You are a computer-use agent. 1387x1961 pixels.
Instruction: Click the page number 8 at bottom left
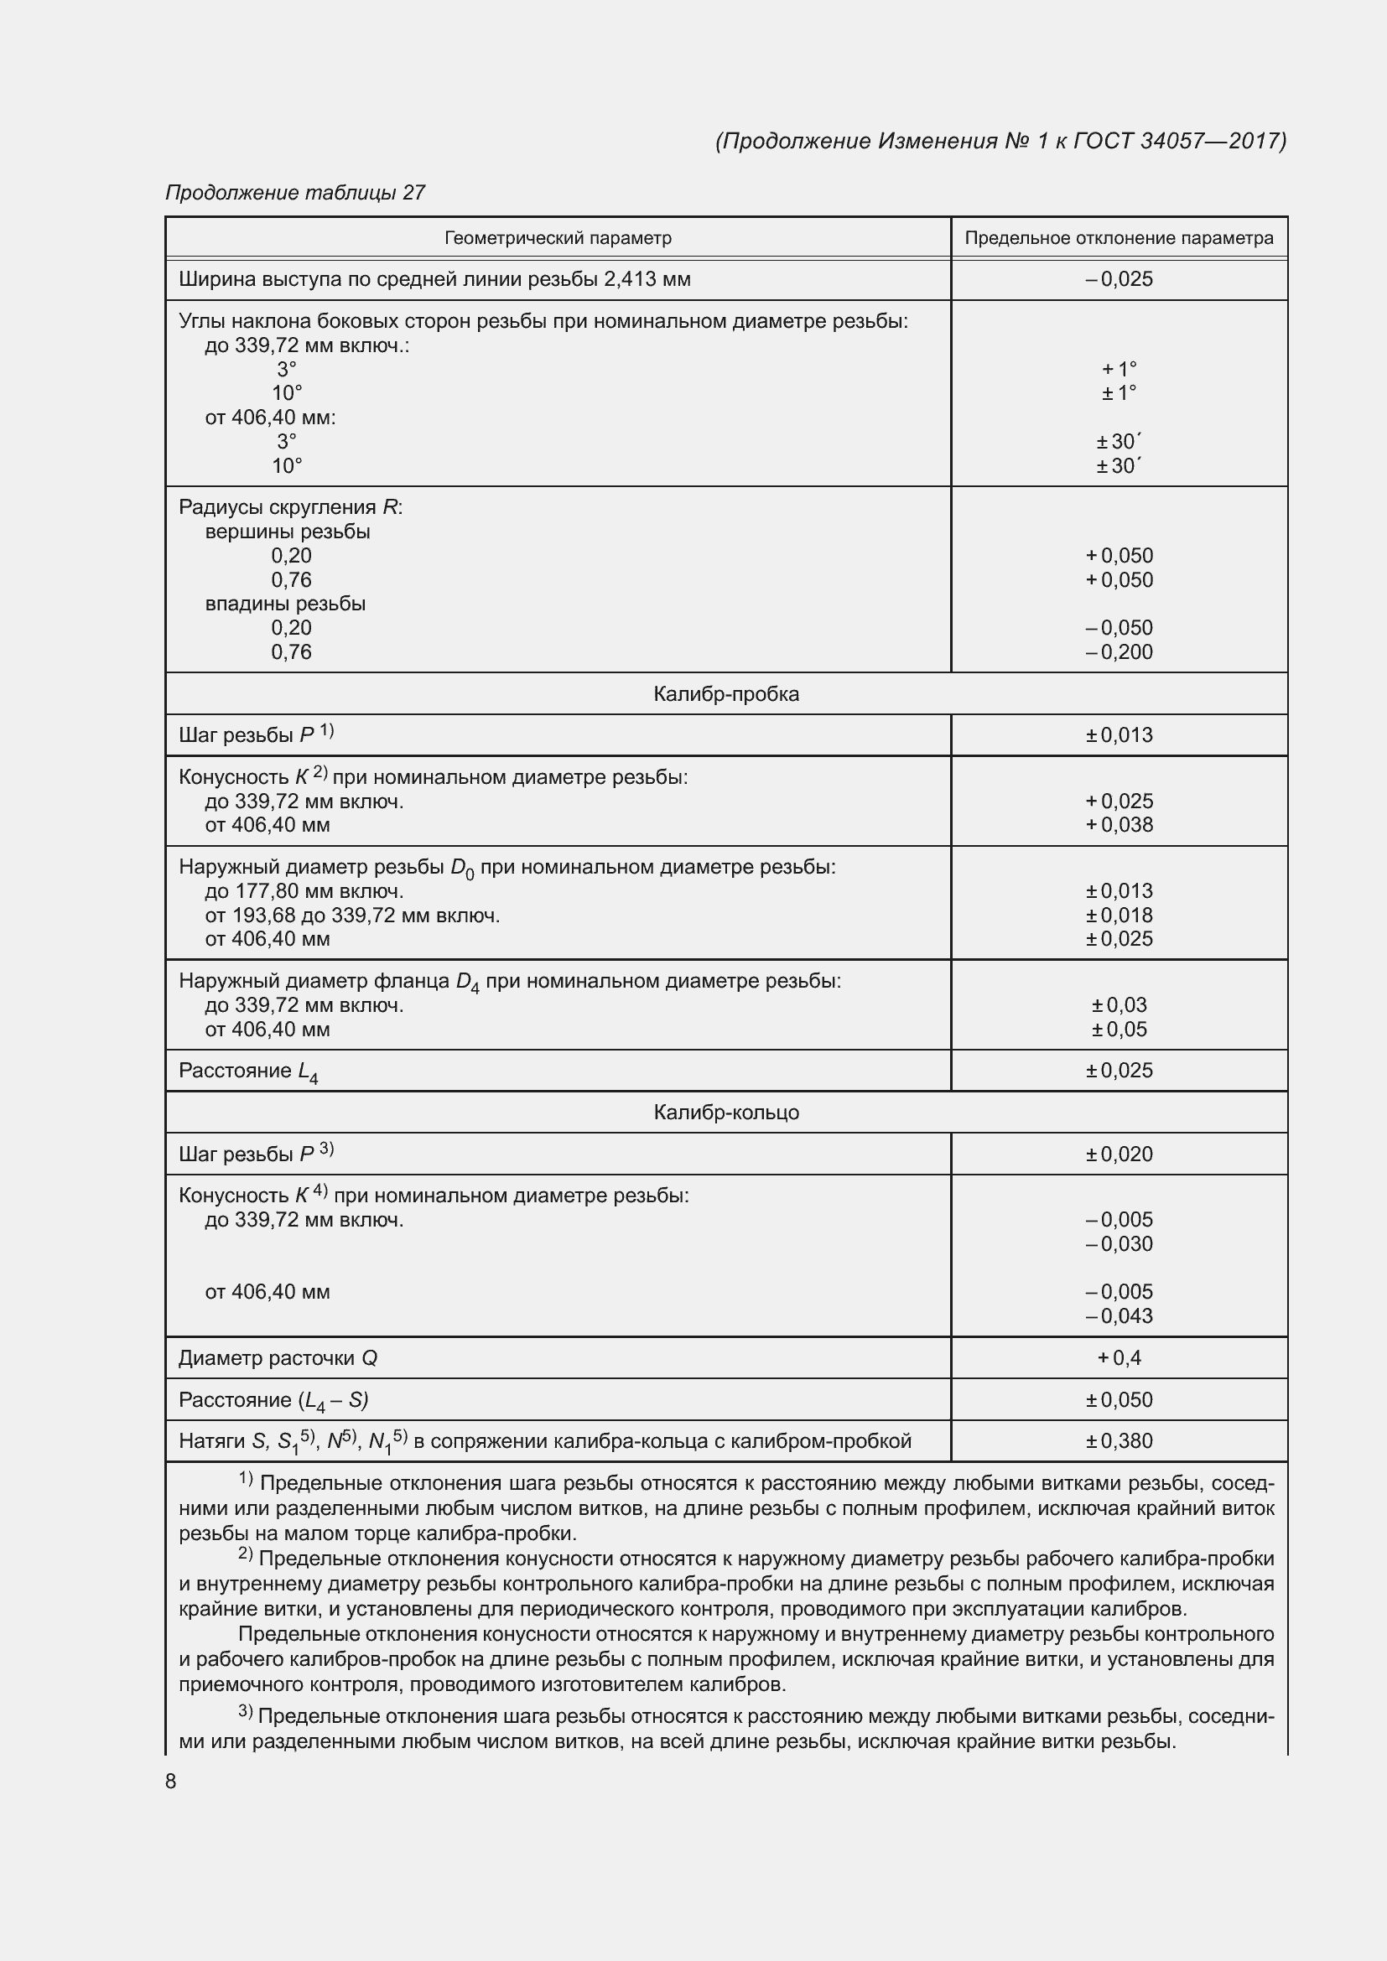click(171, 1781)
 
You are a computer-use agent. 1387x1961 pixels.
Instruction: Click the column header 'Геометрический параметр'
click(558, 238)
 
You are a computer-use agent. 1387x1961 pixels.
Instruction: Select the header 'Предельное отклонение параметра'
click(1119, 238)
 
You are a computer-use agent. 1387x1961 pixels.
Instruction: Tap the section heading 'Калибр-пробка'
click(726, 693)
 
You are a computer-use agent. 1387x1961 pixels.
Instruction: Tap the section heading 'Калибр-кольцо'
click(726, 1112)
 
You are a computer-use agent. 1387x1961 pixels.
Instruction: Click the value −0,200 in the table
click(1119, 651)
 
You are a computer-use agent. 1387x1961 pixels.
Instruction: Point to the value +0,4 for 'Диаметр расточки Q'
click(1119, 1358)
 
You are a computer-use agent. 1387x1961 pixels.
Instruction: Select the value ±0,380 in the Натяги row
click(1119, 1441)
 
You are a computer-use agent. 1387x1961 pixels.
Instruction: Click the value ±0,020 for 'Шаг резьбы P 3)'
click(1119, 1154)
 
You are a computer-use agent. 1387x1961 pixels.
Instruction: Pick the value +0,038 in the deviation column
click(1119, 825)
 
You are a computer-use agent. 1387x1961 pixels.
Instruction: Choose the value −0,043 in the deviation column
click(1119, 1316)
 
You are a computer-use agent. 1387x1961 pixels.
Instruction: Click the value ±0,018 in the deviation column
click(1119, 915)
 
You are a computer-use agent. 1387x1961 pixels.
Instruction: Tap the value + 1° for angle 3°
click(1119, 369)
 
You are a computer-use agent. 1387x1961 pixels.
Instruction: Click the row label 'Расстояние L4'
click(247, 1071)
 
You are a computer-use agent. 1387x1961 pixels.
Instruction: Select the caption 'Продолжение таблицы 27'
click(294, 193)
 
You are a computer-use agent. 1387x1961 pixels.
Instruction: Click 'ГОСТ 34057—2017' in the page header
click(1178, 141)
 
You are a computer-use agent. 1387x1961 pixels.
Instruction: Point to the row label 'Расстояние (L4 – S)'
click(273, 1400)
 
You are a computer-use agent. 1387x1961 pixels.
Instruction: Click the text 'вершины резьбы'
click(287, 532)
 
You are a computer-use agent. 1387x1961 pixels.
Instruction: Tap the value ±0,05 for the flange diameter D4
click(1119, 1030)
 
